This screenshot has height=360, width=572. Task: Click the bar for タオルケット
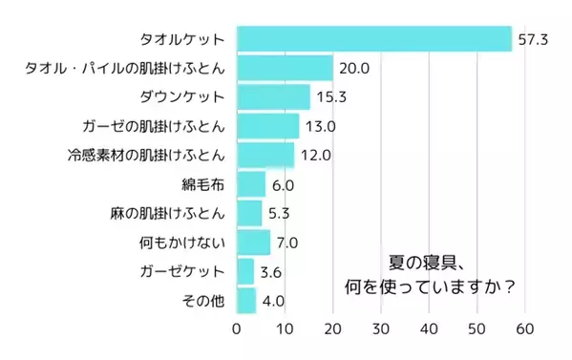pos(374,39)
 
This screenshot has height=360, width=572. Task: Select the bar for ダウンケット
pos(273,96)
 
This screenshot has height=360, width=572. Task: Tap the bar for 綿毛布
pos(250,183)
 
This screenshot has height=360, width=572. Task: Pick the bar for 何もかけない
pos(253,243)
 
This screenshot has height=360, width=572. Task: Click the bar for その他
pos(246,302)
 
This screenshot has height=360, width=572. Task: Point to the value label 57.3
pos(531,39)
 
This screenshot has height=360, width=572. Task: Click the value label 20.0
pos(352,68)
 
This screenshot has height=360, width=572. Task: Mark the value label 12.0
pos(314,155)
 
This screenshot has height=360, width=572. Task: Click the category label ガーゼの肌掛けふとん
pos(154,126)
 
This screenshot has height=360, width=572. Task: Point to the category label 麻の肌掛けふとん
pos(167,213)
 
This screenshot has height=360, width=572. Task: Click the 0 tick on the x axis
pos(237,329)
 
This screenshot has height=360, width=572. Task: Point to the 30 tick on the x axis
pos(381,329)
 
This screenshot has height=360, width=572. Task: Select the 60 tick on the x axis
pos(525,329)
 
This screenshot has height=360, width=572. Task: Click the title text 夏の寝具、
pos(428,261)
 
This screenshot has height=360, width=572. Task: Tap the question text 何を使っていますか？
pos(431,286)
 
